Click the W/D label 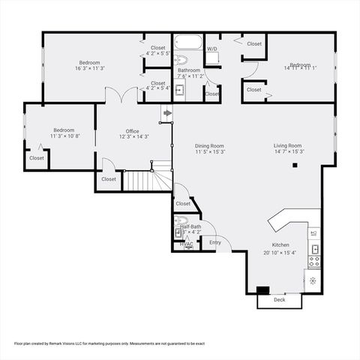pos(211,49)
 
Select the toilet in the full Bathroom pos(181,58)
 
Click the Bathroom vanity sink pos(179,90)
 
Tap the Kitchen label pos(280,245)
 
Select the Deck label pos(279,300)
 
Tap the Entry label pos(215,242)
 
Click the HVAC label pos(187,244)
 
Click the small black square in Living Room pos(295,165)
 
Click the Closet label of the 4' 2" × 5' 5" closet pos(157,48)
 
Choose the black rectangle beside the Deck pos(262,290)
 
